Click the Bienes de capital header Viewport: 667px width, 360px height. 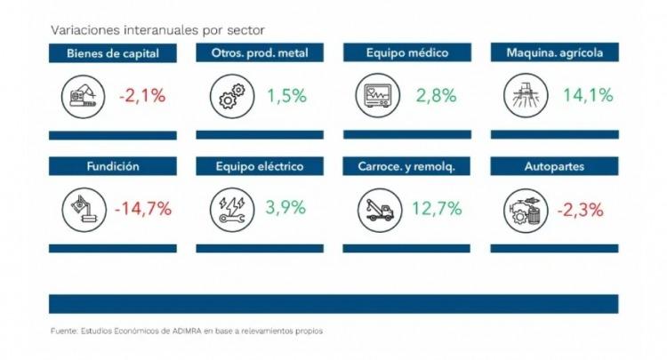[113, 53]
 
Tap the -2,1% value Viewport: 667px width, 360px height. [142, 96]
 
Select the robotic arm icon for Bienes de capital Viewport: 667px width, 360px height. [83, 97]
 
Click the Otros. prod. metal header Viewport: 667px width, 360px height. [260, 52]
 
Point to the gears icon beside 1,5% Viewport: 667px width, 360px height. [232, 96]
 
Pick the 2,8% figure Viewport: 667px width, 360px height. [436, 95]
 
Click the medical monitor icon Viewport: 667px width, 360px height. [378, 96]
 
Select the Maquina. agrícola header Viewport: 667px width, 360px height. [555, 52]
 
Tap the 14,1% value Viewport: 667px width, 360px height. [588, 95]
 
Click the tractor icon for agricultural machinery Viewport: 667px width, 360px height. [526, 95]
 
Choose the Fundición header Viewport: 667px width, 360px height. [113, 165]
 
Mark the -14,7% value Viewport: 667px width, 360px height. [143, 209]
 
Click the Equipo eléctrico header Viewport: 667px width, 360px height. [260, 165]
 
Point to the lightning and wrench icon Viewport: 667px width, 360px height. [232, 210]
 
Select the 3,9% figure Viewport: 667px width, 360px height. [285, 207]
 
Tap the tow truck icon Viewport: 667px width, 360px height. [380, 211]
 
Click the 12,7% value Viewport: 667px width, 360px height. [437, 208]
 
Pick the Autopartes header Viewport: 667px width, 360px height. [554, 165]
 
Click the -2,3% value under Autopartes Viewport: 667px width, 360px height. [580, 210]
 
